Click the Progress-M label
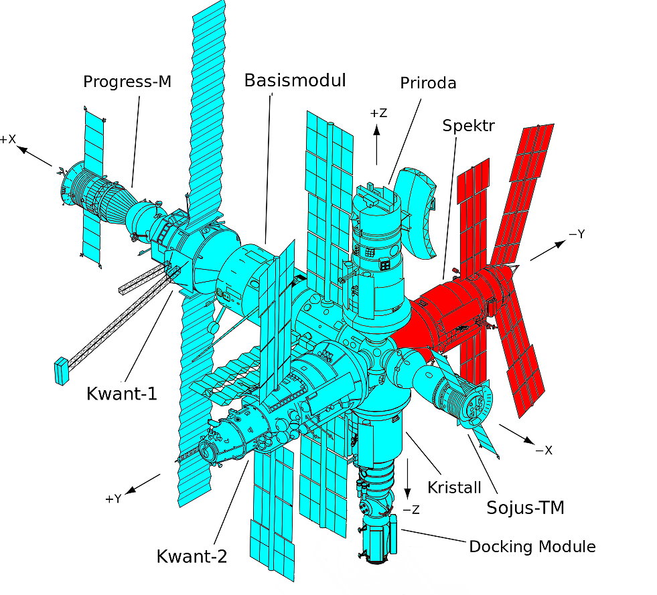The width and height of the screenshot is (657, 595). (x=127, y=82)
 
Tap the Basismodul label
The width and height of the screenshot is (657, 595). (x=295, y=81)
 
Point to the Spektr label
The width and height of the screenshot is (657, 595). (x=468, y=125)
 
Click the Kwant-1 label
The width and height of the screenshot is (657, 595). (x=122, y=393)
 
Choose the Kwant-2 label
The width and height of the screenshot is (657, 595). (x=192, y=556)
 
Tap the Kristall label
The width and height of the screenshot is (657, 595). (x=455, y=484)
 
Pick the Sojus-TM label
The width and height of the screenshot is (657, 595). (x=525, y=508)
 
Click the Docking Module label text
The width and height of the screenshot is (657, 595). (x=532, y=547)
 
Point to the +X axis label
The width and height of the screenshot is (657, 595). (x=8, y=139)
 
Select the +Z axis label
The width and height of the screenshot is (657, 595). (x=378, y=113)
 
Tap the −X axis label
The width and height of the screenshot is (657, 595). (x=543, y=450)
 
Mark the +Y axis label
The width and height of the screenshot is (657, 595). (x=113, y=499)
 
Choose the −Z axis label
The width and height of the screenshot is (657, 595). (x=411, y=509)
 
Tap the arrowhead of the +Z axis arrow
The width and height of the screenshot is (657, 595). (x=377, y=128)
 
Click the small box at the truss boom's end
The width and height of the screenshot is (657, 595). (x=62, y=371)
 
